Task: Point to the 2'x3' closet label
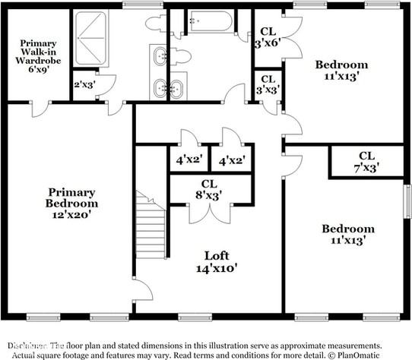coord(83,84)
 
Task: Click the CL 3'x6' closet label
coord(268,37)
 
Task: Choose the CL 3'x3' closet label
coord(268,84)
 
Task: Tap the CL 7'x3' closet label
coord(366,161)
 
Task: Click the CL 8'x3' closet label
coord(209,190)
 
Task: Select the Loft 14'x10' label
coord(216,261)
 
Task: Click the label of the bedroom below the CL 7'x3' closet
coord(347,234)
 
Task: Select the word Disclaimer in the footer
coord(26,344)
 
